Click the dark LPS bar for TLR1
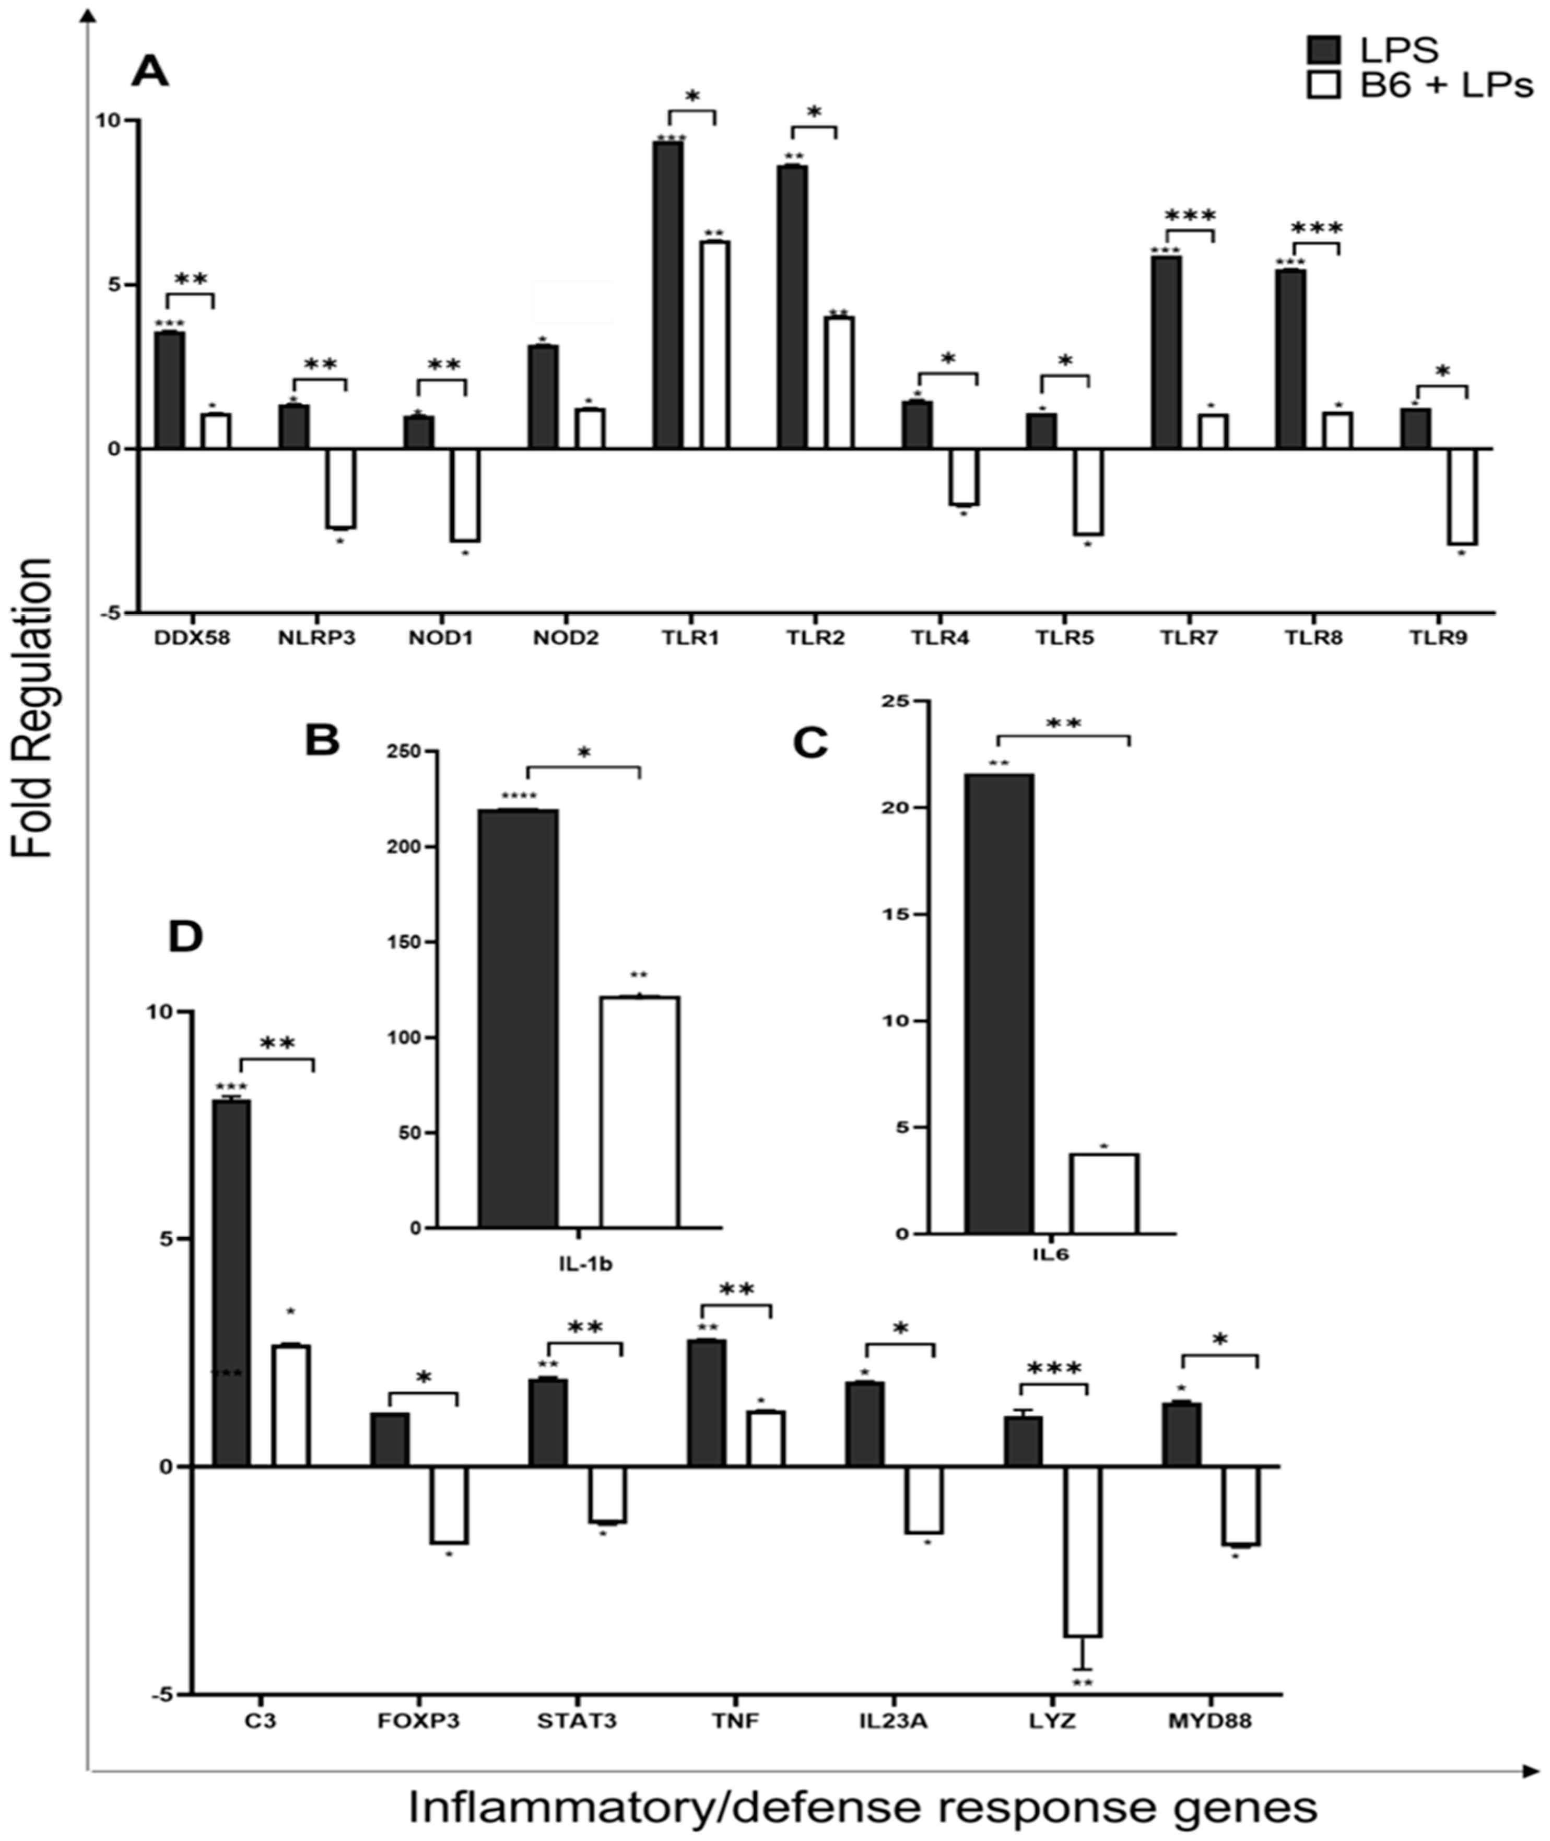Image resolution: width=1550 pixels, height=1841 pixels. [x=668, y=295]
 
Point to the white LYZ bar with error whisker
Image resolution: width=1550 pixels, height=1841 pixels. [x=1083, y=1551]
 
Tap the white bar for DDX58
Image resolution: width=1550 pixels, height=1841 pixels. [x=215, y=430]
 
